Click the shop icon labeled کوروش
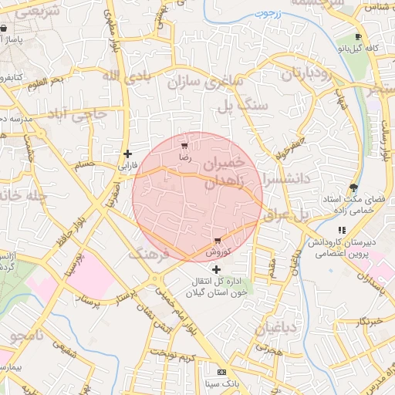tap(218, 241)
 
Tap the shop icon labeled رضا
tap(184, 145)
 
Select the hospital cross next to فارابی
tap(127, 154)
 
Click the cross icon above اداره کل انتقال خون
tap(216, 269)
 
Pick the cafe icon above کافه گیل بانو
tap(358, 37)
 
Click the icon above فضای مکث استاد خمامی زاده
tap(353, 187)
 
